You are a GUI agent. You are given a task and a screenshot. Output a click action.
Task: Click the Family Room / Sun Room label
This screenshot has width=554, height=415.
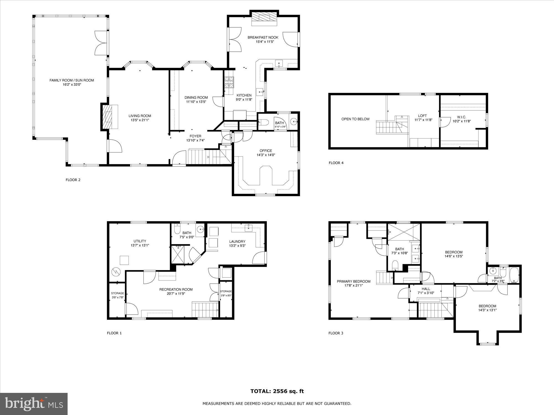[71, 80]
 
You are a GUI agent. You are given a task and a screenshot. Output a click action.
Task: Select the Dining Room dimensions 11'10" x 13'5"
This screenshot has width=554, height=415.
[196, 102]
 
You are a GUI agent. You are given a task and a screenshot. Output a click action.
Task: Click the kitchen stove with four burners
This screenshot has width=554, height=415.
[229, 82]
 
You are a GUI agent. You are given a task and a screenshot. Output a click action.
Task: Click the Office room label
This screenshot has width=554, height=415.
[266, 151]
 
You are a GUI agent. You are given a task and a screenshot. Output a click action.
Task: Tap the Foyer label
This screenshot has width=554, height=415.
[195, 136]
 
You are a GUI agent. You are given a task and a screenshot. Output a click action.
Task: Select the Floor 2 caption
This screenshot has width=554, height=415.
[73, 180]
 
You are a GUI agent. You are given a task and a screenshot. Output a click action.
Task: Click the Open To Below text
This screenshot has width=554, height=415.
[355, 119]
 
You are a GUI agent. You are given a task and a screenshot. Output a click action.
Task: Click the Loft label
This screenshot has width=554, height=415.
[422, 116]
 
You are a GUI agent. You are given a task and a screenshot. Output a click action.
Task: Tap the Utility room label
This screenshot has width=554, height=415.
[140, 241]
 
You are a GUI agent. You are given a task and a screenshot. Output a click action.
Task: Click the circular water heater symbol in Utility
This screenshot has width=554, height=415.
[115, 272]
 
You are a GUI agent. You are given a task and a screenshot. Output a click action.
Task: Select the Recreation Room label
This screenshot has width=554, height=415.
[176, 289]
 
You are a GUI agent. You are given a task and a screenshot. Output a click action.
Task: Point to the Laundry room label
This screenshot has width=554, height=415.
[237, 241]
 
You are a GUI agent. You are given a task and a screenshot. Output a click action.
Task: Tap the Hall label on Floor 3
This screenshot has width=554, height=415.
[426, 289]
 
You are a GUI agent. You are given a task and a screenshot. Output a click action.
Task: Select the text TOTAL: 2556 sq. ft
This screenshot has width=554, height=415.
[277, 391]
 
